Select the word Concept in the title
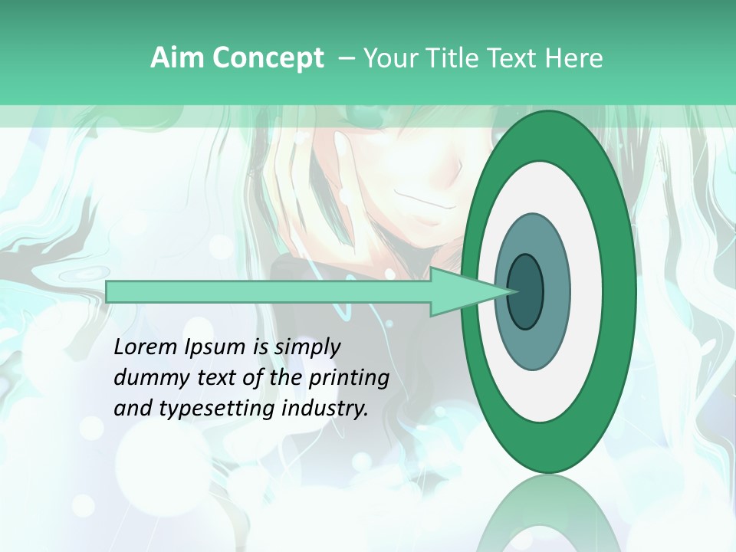[x=268, y=58]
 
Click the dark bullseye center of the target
[x=525, y=291]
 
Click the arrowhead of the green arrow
[x=468, y=291]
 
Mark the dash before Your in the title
[x=346, y=58]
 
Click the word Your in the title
[x=391, y=58]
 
